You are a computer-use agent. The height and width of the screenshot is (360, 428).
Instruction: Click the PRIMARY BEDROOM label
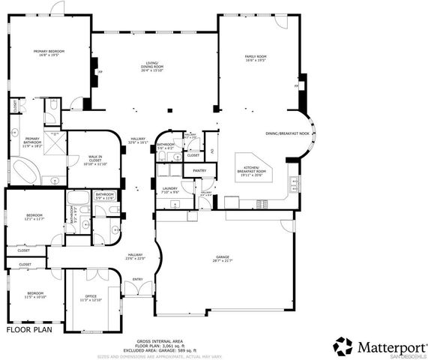52,53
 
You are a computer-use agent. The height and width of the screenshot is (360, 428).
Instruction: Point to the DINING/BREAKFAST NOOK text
287,133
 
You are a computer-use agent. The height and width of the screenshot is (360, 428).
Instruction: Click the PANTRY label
199,171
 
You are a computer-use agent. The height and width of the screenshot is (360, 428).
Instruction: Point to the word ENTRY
137,280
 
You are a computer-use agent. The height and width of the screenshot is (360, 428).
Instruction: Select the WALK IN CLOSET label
95,160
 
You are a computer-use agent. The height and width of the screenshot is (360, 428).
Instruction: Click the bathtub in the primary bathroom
17,177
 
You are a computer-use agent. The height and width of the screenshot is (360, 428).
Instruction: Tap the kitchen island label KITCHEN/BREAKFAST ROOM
250,171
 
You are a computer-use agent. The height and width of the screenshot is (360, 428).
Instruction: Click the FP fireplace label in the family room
297,87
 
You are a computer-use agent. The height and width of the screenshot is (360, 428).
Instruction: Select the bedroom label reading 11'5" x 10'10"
36,295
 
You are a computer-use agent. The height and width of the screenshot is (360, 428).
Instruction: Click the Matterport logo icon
343,346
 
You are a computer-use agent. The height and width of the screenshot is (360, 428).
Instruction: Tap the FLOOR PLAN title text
29,329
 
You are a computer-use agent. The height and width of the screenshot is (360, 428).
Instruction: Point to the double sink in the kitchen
263,204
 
